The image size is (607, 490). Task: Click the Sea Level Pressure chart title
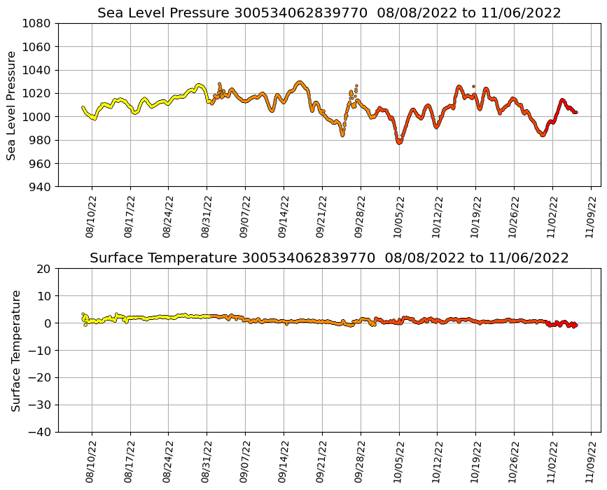coord(329,13)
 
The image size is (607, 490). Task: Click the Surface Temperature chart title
coord(329,258)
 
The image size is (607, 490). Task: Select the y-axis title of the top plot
coord(11,105)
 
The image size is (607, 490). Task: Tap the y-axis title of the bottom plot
coord(15,350)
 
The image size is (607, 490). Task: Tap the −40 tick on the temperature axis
coord(39,432)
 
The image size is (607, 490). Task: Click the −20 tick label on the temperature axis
coord(39,378)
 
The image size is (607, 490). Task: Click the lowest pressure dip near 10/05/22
coord(399,142)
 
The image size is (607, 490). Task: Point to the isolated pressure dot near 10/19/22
coord(473,86)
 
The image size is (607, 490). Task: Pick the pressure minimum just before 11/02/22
coord(543,134)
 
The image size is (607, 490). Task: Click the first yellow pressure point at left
coord(83,107)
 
